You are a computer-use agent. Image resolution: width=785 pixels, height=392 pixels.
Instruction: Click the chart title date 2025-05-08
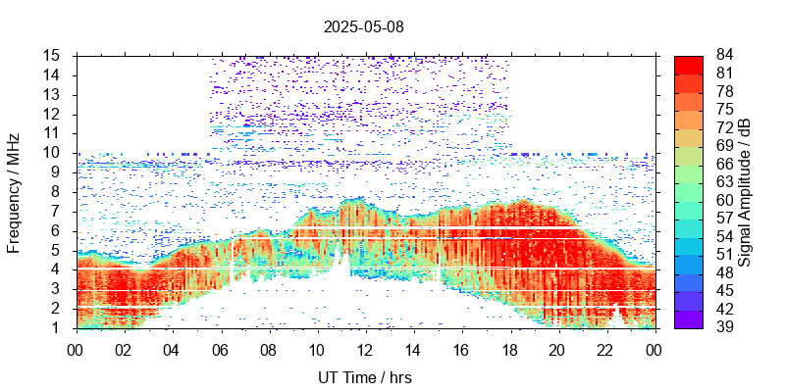[x=363, y=26]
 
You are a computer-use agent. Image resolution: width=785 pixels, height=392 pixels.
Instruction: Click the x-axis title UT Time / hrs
[x=363, y=377]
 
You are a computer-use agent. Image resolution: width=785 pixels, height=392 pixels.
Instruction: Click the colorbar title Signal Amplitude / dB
[x=745, y=191]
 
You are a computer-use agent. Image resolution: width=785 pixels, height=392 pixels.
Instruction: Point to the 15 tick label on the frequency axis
[x=54, y=55]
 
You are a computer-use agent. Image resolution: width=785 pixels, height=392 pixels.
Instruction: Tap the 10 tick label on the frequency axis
[x=54, y=153]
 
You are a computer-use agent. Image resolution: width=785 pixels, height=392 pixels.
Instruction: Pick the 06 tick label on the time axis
[x=220, y=350]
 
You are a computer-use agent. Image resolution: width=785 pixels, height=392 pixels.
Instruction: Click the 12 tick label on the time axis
[x=364, y=350]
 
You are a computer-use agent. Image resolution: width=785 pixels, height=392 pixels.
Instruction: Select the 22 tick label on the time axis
[x=605, y=350]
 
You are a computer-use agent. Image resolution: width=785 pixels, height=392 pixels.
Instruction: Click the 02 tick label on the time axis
[x=124, y=350]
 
